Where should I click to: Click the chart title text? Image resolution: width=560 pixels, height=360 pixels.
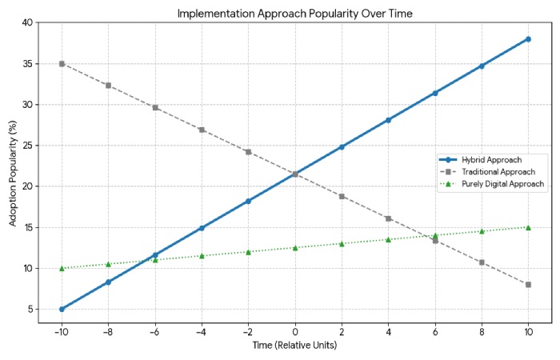(294, 13)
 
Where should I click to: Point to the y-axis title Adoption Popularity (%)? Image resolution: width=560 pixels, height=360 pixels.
(13, 173)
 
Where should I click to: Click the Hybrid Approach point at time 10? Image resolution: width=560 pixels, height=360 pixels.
(528, 39)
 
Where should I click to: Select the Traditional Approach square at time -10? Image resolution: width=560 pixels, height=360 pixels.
(62, 63)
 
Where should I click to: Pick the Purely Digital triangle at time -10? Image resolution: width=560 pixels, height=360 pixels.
(62, 268)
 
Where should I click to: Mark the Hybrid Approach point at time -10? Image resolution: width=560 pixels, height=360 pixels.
(62, 309)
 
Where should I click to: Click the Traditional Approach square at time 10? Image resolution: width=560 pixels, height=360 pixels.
(528, 285)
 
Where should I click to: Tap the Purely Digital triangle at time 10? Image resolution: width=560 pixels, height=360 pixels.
(528, 227)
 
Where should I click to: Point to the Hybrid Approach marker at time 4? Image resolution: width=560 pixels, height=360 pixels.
(388, 120)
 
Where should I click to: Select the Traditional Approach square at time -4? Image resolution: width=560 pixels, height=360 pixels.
(202, 130)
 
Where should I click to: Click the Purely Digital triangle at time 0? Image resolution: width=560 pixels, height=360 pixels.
(295, 247)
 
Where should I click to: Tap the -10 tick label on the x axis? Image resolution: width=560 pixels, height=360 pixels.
(61, 332)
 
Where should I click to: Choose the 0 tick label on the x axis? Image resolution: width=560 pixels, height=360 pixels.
(295, 332)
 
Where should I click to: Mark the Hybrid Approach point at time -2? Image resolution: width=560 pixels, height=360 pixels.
(248, 201)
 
